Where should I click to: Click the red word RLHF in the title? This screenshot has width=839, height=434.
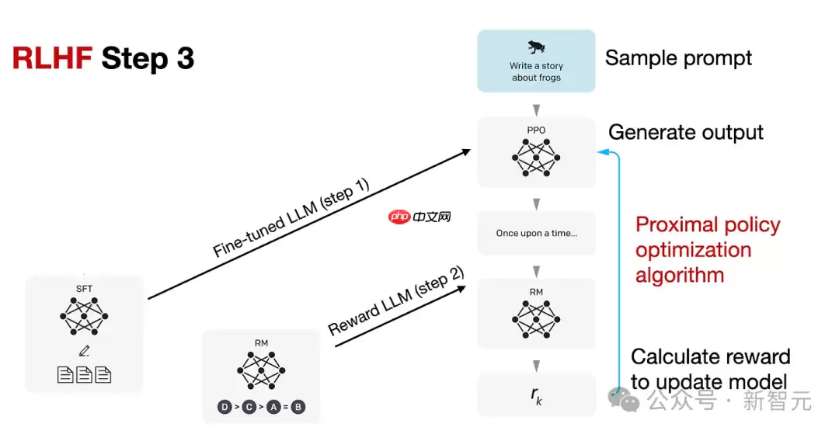(x=53, y=59)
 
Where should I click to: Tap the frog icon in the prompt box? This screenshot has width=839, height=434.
(x=536, y=47)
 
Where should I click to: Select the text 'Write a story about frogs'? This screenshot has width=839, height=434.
(x=536, y=71)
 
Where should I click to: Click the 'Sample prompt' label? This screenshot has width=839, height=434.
(x=678, y=58)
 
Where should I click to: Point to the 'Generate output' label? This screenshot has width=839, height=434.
(x=685, y=132)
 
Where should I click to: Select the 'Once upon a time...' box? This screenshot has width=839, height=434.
(x=536, y=233)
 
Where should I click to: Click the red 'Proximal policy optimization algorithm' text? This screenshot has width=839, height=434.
(x=707, y=249)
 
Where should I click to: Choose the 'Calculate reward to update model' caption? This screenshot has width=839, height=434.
(x=710, y=369)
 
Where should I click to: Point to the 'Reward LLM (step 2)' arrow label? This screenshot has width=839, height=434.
(x=397, y=301)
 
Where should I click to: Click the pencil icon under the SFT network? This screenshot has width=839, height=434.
(x=84, y=352)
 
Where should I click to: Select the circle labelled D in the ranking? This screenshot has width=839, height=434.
(x=225, y=407)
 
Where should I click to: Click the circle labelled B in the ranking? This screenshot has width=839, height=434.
(x=298, y=407)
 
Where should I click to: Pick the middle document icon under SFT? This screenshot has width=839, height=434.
(x=84, y=375)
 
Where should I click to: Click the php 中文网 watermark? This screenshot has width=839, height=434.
(x=420, y=217)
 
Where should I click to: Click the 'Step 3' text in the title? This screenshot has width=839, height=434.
(x=148, y=59)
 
